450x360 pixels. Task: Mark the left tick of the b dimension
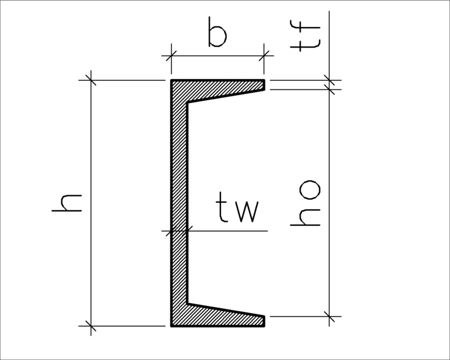point(171,56)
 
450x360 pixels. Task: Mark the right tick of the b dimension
point(265,56)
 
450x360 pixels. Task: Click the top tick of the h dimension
point(91,79)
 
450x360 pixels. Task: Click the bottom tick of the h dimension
point(91,325)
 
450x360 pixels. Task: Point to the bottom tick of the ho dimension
point(330,317)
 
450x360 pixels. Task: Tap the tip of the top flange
point(264,85)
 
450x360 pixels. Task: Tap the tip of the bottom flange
point(264,321)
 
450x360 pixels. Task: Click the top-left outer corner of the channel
point(171,80)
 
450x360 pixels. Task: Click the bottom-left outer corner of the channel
point(171,325)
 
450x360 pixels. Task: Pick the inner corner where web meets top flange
point(187,103)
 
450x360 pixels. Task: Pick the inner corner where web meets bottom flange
point(187,303)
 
